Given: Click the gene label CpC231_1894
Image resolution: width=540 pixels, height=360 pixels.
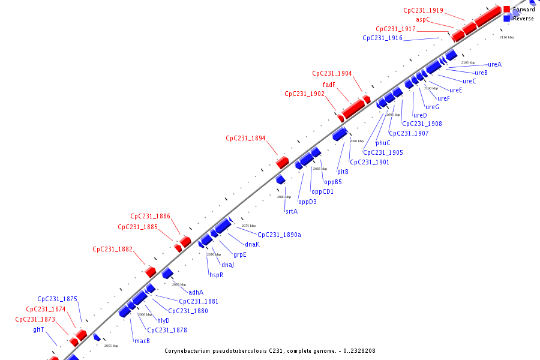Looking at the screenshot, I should (x=245, y=138).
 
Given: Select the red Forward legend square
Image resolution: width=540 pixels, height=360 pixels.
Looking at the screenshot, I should (x=507, y=10).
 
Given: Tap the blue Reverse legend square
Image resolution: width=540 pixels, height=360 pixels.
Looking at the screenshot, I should (x=507, y=19).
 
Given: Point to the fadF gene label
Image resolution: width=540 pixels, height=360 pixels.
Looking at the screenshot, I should (x=329, y=85).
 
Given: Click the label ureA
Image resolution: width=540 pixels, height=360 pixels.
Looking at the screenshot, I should (x=494, y=64).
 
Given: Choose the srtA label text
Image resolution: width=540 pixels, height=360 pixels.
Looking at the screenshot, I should (x=292, y=211).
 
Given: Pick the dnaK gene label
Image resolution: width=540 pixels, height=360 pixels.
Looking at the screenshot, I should (x=252, y=244).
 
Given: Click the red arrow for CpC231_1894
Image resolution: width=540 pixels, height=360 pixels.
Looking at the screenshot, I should (x=282, y=162).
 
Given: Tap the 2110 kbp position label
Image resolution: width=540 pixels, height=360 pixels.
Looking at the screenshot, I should (x=506, y=37).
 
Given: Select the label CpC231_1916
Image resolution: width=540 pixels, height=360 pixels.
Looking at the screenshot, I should (x=382, y=38).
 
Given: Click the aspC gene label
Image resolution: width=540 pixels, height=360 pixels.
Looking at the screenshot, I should (x=423, y=19).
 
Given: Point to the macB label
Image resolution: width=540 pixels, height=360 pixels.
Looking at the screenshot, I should (x=142, y=341).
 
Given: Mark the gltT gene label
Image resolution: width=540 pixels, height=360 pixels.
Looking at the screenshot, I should (x=38, y=329).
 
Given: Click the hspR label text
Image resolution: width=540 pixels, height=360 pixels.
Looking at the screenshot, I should (x=216, y=275).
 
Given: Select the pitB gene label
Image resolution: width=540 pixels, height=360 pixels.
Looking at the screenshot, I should (x=343, y=172).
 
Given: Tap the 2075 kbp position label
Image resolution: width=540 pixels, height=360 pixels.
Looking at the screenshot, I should (x=248, y=226).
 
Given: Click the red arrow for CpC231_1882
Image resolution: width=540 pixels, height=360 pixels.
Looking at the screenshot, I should (x=151, y=272).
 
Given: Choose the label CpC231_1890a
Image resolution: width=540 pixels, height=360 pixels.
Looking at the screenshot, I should (x=279, y=235).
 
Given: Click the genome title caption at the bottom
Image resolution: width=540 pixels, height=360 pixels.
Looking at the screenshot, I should (x=270, y=351).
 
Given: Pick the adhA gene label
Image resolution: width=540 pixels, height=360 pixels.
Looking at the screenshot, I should (x=196, y=292).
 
